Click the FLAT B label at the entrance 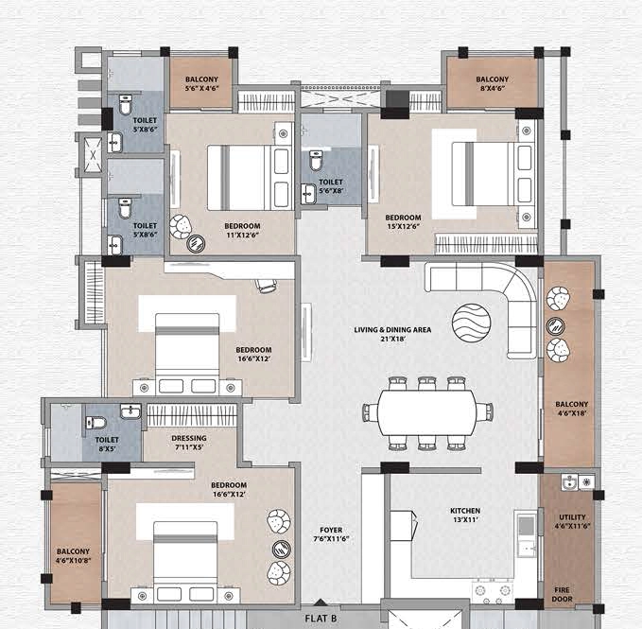point(321,619)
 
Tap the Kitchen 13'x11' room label point(465,515)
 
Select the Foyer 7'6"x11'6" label point(331,534)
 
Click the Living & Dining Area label point(392,334)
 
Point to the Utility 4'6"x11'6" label point(572,521)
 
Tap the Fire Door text point(562,594)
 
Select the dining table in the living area point(427,412)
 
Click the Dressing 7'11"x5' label point(189,443)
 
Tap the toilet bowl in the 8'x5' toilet point(95,422)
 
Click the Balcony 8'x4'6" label point(493,83)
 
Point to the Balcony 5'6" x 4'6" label point(201,83)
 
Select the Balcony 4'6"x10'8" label point(73,556)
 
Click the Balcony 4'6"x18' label point(572,409)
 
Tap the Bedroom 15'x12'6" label point(403,221)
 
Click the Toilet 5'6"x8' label point(331,186)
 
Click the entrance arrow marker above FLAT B point(321,603)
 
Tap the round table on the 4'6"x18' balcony point(556,326)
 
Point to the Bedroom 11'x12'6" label point(242,230)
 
